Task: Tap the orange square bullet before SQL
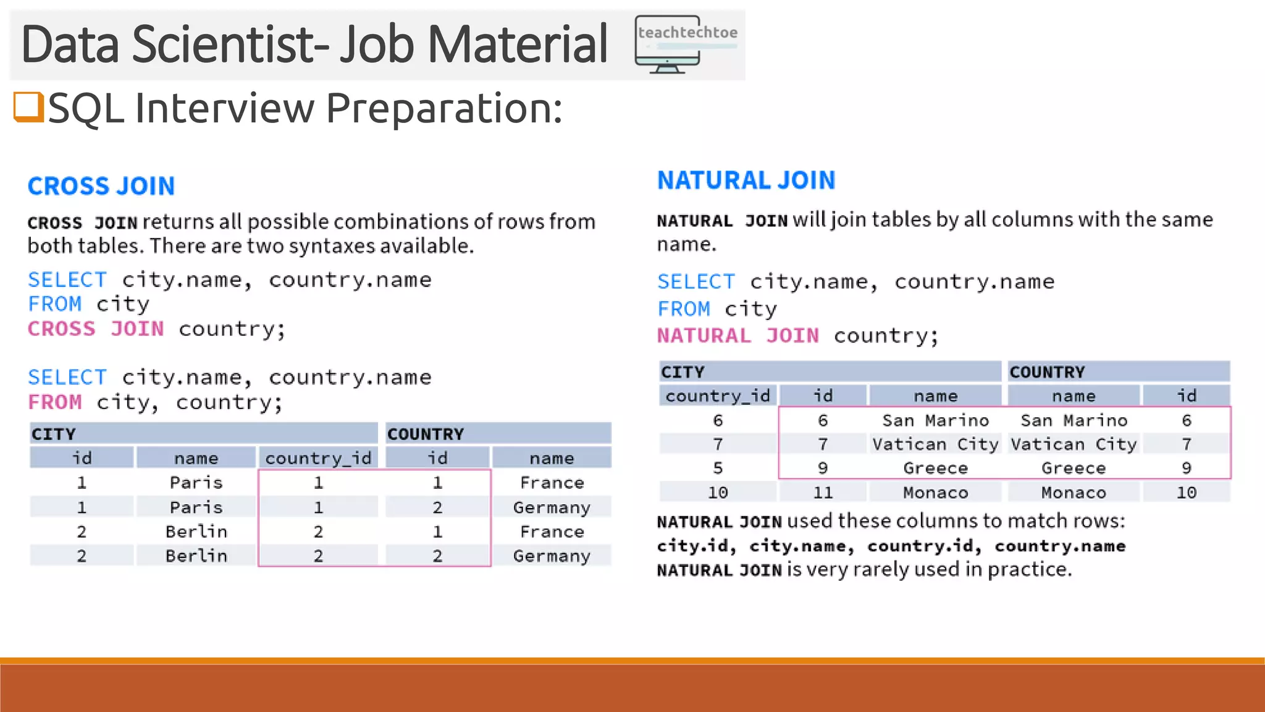pyautogui.click(x=28, y=107)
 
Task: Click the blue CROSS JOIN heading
pyautogui.click(x=101, y=186)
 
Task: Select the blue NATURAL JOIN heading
pyautogui.click(x=746, y=180)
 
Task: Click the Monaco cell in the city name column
pyautogui.click(x=935, y=493)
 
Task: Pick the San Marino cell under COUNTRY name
pyautogui.click(x=1074, y=421)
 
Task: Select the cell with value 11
pyautogui.click(x=823, y=493)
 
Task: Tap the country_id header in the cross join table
pyautogui.click(x=318, y=458)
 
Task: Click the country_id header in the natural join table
pyautogui.click(x=718, y=396)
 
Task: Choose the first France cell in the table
pyautogui.click(x=552, y=483)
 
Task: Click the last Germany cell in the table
pyautogui.click(x=552, y=556)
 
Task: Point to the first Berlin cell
pyautogui.click(x=196, y=532)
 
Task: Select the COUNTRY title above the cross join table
pyautogui.click(x=426, y=434)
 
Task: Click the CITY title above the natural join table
pyautogui.click(x=683, y=372)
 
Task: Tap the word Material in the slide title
pyautogui.click(x=518, y=44)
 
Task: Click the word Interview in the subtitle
pyautogui.click(x=225, y=108)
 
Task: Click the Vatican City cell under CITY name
pyautogui.click(x=935, y=444)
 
